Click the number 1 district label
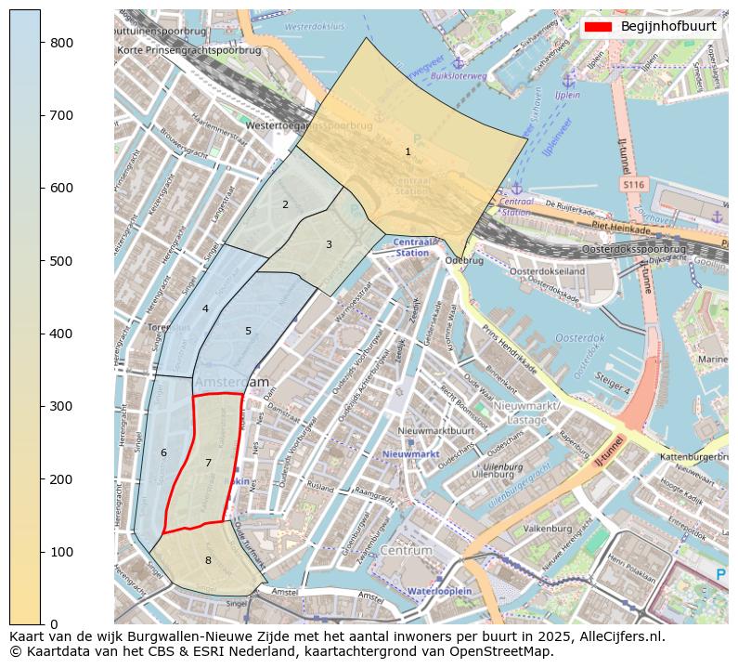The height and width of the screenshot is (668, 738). [408, 151]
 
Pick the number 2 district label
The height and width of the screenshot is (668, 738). [285, 204]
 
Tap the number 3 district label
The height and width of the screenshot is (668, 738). [329, 244]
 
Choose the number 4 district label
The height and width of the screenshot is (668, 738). [205, 308]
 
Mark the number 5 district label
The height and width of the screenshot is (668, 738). [248, 331]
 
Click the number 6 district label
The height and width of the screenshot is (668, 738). [163, 452]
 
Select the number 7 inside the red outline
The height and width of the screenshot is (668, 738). [208, 463]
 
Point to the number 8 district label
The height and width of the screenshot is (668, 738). [208, 560]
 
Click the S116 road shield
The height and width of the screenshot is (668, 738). [633, 186]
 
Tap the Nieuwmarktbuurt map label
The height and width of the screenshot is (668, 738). [435, 431]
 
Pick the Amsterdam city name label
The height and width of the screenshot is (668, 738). [231, 382]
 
